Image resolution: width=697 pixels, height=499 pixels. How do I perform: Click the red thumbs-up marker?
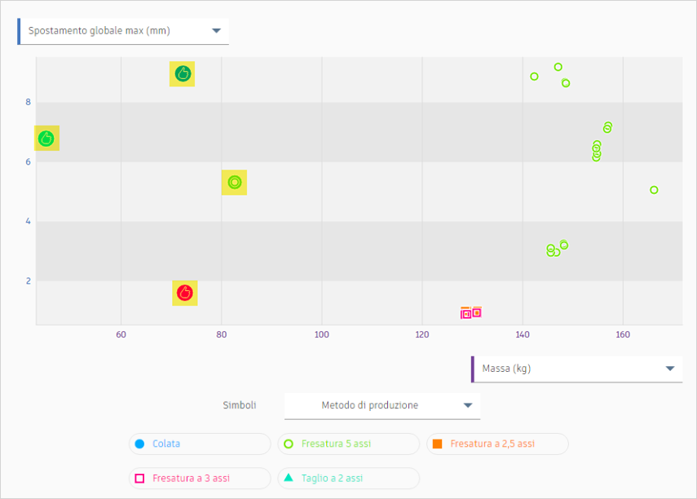pos(185,293)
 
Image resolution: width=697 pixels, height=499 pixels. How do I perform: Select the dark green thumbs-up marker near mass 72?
pos(182,74)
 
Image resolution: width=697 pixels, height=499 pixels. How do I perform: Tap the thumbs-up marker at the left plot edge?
pos(46,139)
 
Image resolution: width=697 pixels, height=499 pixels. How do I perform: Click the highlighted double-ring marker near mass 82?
pos(235,182)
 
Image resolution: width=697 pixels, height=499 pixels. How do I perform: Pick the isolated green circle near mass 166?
pos(654,190)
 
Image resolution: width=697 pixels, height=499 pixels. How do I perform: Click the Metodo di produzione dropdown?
pos(382,405)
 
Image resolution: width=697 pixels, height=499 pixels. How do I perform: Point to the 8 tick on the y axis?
pos(28,103)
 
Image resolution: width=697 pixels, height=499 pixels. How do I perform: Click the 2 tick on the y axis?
pos(28,281)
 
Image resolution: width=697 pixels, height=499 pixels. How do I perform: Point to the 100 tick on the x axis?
pos(321,335)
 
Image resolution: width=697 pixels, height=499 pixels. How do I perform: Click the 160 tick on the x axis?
pos(623,335)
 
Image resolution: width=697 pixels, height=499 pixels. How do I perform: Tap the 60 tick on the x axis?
pos(121,335)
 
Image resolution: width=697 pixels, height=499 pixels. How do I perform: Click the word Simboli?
pos(240,405)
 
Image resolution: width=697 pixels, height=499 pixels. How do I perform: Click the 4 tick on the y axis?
pos(28,222)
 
